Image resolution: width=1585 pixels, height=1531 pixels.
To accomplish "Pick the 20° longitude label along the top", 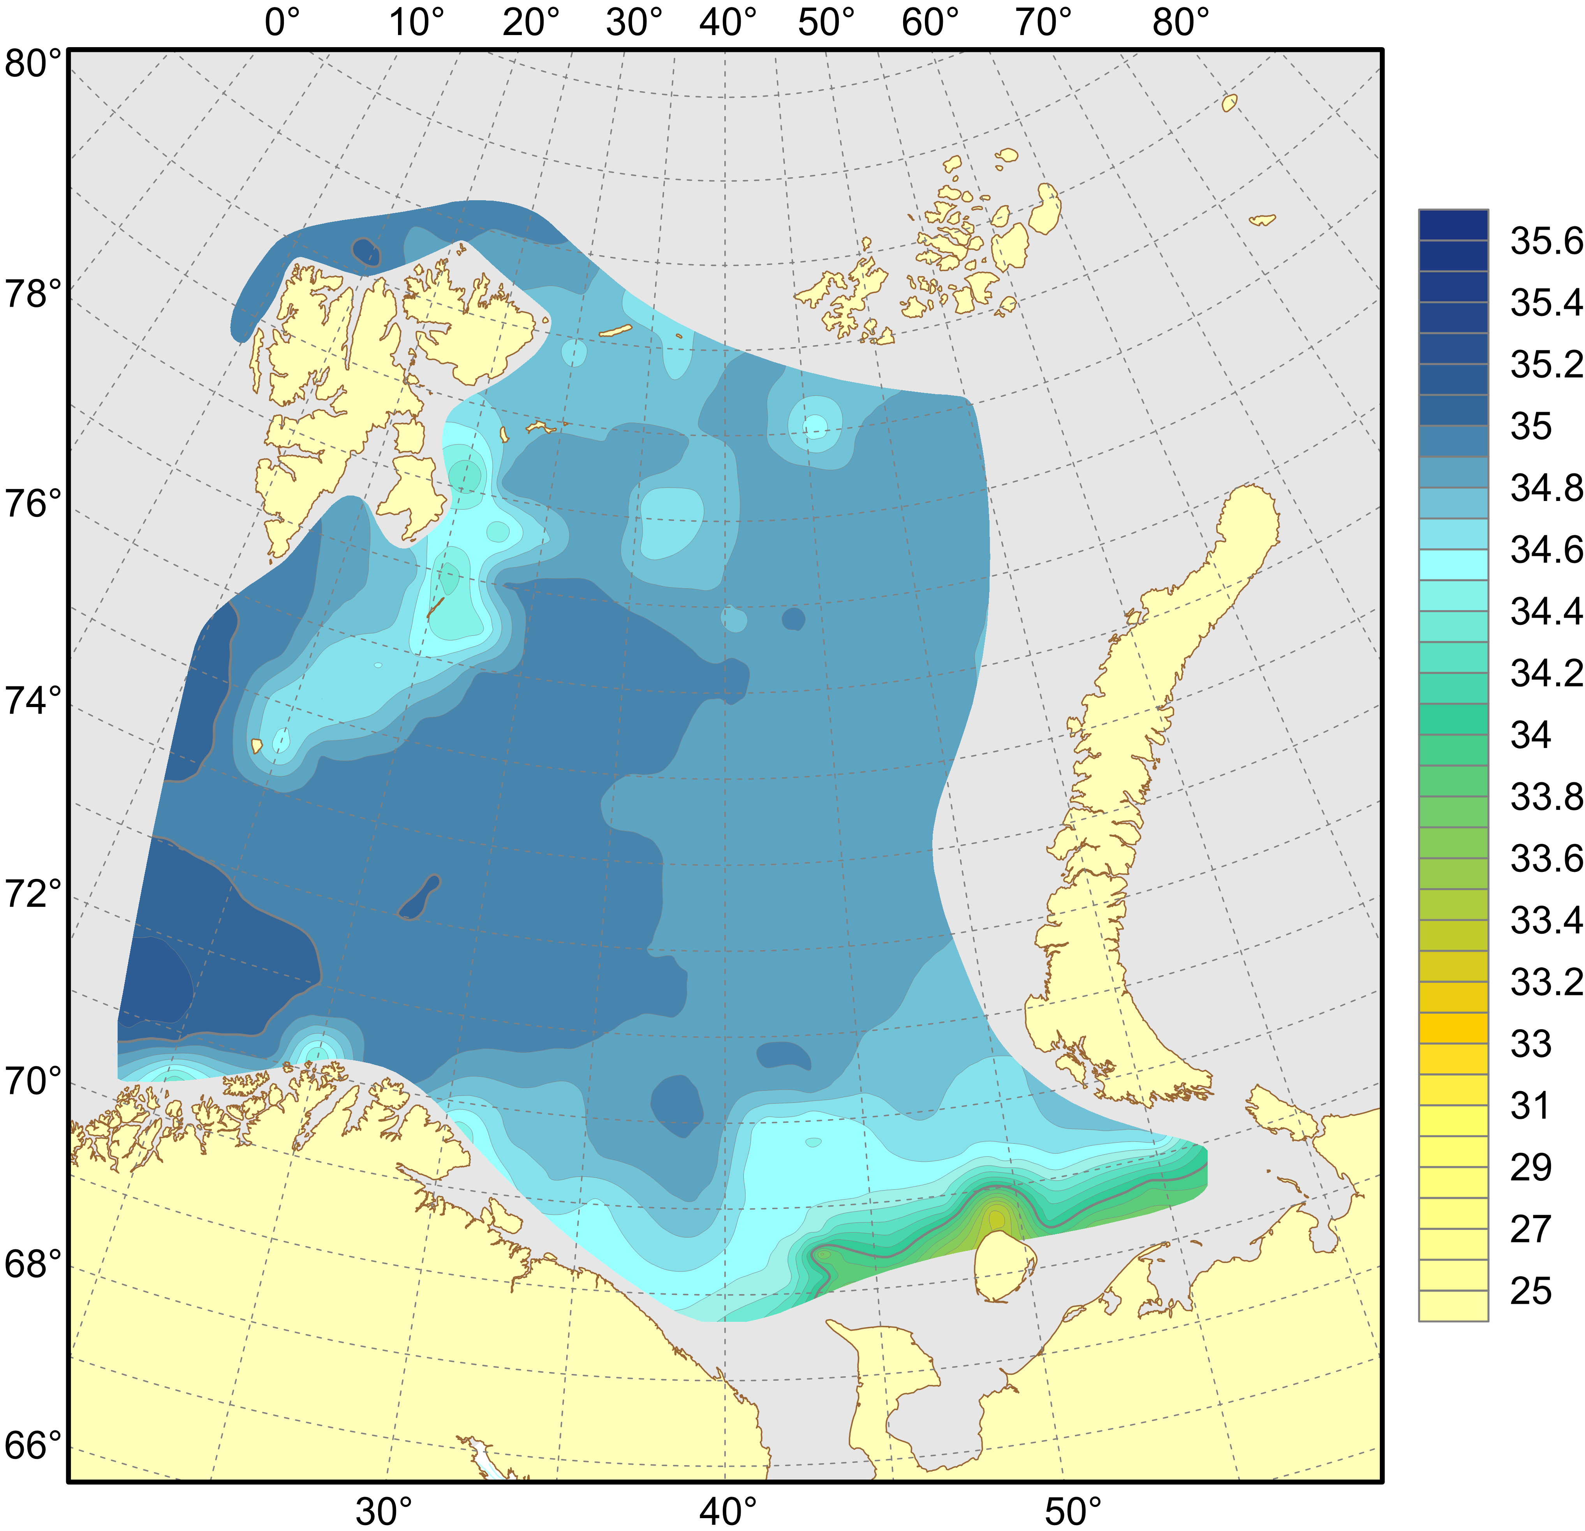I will [530, 23].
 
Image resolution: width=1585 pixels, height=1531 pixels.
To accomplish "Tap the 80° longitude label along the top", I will [1181, 23].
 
